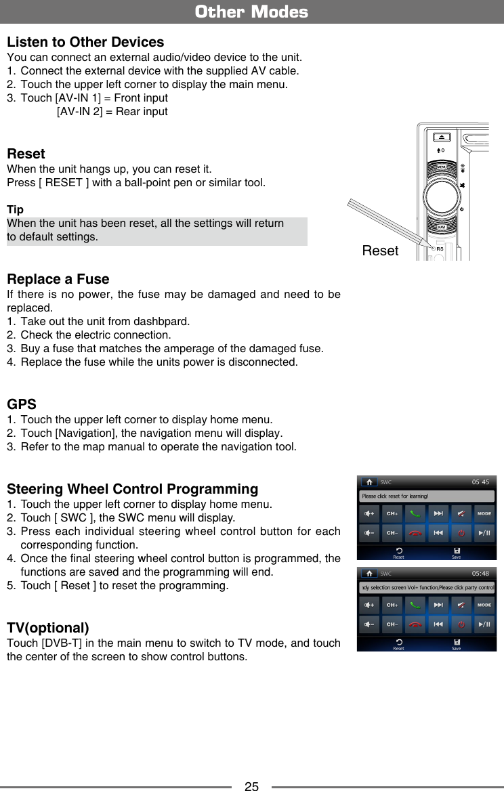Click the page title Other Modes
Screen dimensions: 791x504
[251, 12]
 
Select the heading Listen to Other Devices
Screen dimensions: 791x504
[85, 42]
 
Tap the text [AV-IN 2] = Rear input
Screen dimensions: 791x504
[112, 111]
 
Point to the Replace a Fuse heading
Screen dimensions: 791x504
[58, 280]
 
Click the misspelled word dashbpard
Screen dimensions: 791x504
[166, 321]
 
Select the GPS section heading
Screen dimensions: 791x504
[21, 405]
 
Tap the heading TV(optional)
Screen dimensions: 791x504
[47, 627]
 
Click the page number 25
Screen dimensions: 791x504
[251, 786]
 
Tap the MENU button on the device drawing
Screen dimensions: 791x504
[442, 167]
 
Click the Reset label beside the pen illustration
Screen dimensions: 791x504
[380, 251]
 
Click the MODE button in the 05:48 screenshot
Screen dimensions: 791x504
[484, 604]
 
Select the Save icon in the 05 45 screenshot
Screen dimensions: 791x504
[457, 553]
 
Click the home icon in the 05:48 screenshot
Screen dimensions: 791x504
[369, 573]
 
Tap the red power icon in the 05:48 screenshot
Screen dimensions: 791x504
[461, 624]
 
